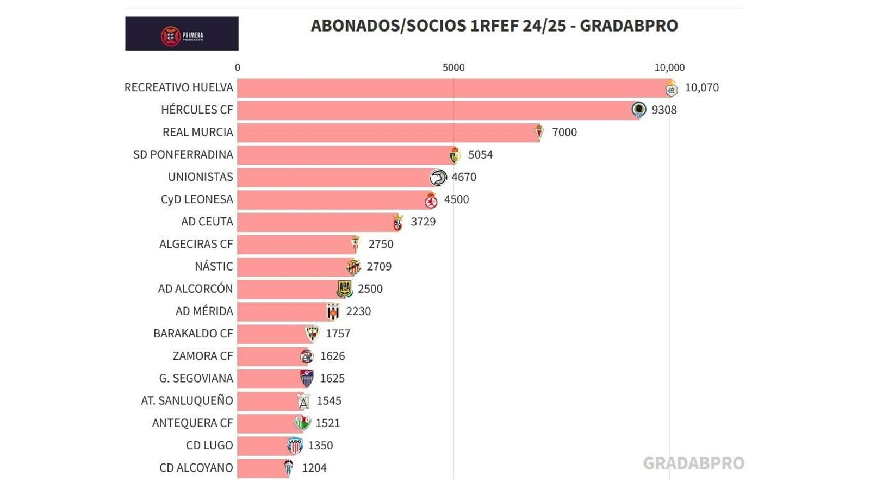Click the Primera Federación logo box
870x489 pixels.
tap(182, 34)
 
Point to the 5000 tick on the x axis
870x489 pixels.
tap(453, 67)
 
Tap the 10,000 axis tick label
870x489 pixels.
tap(669, 67)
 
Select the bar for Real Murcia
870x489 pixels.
tap(386, 132)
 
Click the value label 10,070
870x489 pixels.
tap(701, 87)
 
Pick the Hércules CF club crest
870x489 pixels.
tap(638, 110)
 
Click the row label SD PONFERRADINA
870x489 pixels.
tap(183, 154)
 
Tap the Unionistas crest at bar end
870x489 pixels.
tap(438, 177)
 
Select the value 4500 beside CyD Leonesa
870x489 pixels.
tap(456, 199)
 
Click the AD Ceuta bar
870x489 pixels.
tap(315, 222)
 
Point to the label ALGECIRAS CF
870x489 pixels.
tap(196, 244)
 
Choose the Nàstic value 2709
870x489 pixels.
tap(379, 266)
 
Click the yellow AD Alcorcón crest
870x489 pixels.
tap(344, 289)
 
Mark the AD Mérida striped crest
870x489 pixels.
tap(333, 311)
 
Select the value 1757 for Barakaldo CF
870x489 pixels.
tap(338, 334)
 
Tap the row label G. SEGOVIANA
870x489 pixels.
tap(196, 378)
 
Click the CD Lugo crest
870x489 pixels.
tap(295, 446)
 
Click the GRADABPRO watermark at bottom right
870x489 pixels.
tap(693, 463)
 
